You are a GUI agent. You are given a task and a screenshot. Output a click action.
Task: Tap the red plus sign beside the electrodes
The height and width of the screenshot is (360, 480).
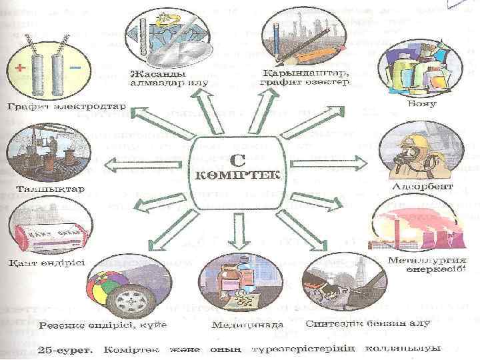pos(19,69)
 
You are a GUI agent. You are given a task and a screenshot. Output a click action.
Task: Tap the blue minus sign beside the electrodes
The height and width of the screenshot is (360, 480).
pos(75,68)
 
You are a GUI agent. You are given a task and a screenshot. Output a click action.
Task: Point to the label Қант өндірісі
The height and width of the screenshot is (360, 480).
pos(37,261)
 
